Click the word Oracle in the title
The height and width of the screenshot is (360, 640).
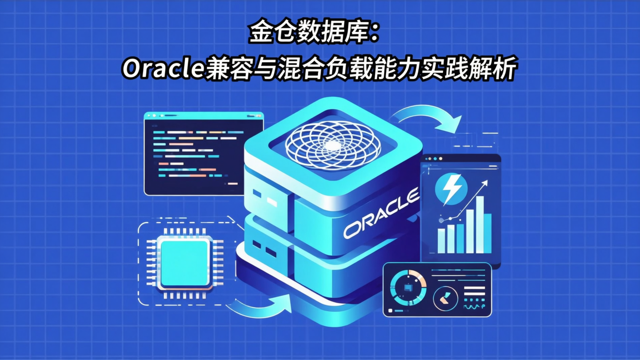[163, 69]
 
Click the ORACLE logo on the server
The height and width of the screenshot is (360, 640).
[381, 213]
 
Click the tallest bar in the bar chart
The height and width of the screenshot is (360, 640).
[480, 224]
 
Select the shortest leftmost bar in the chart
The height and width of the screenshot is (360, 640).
[441, 241]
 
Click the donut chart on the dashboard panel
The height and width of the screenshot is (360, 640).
[408, 288]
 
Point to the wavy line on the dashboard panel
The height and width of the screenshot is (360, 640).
[474, 307]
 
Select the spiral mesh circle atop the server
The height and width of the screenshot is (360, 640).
[332, 145]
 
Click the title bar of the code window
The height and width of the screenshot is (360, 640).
[204, 116]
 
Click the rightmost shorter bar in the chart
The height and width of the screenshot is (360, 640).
[488, 233]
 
